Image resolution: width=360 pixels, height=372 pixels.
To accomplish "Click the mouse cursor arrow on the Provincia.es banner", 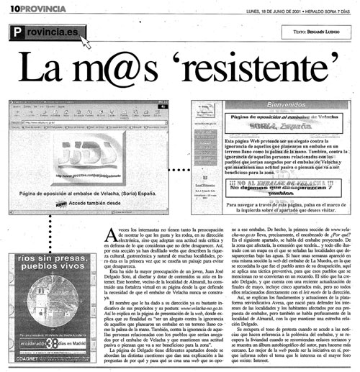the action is click(86, 42).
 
